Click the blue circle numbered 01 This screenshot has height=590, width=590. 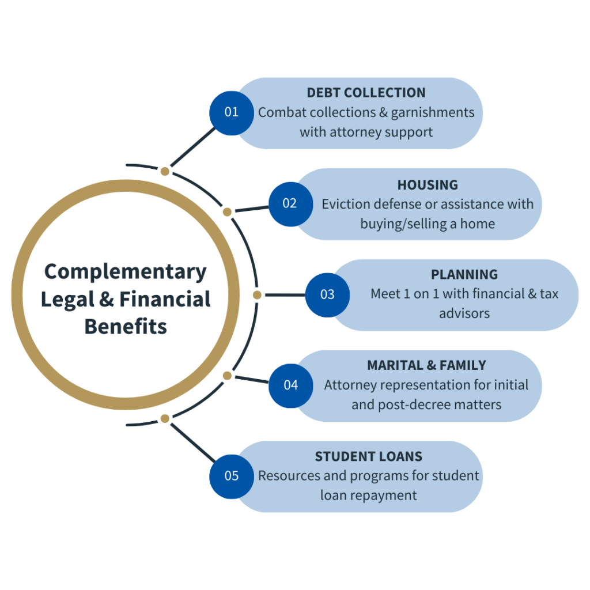tap(231, 112)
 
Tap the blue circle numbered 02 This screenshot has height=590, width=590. tap(290, 203)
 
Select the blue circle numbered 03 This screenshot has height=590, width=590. tap(327, 294)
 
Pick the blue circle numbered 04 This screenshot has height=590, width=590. tap(290, 385)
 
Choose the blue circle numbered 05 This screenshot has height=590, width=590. tap(231, 476)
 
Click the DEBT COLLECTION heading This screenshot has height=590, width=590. tap(366, 93)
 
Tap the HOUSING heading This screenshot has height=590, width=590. tap(428, 185)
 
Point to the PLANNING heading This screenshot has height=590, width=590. tap(464, 275)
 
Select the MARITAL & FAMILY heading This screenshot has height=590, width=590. tap(426, 365)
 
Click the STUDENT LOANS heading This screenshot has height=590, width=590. tap(368, 457)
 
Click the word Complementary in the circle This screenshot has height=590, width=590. tap(125, 271)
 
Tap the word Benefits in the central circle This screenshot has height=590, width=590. tap(126, 327)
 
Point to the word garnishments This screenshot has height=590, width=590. tap(433, 112)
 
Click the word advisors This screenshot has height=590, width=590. tap(464, 313)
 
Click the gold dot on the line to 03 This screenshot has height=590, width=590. tap(257, 294)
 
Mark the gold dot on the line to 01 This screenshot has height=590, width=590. tap(165, 171)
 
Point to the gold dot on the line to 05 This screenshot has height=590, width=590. tap(165, 418)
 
